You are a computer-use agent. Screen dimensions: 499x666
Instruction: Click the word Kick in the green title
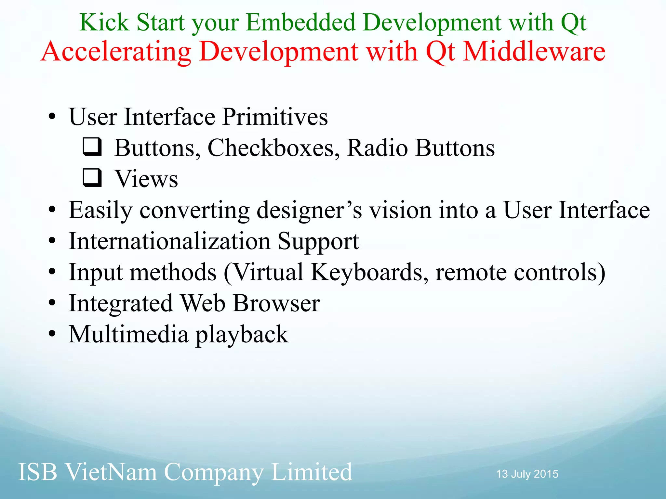point(104,23)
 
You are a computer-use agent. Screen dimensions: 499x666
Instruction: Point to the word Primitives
point(275,117)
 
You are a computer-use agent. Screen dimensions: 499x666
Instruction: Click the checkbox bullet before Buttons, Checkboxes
point(92,147)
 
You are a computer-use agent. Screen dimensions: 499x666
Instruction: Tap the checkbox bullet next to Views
point(92,178)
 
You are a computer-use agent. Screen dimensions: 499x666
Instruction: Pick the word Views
point(146,179)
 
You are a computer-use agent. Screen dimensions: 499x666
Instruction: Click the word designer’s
point(309,211)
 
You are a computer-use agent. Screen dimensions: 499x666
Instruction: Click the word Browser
point(276,303)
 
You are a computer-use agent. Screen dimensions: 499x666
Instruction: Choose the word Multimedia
point(128,334)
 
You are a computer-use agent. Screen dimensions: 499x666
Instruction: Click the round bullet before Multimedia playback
point(52,334)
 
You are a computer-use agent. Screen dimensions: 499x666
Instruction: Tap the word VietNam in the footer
point(111,472)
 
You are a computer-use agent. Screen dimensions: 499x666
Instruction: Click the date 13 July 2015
point(527,474)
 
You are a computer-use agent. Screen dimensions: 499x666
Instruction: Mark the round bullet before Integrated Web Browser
point(52,303)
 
